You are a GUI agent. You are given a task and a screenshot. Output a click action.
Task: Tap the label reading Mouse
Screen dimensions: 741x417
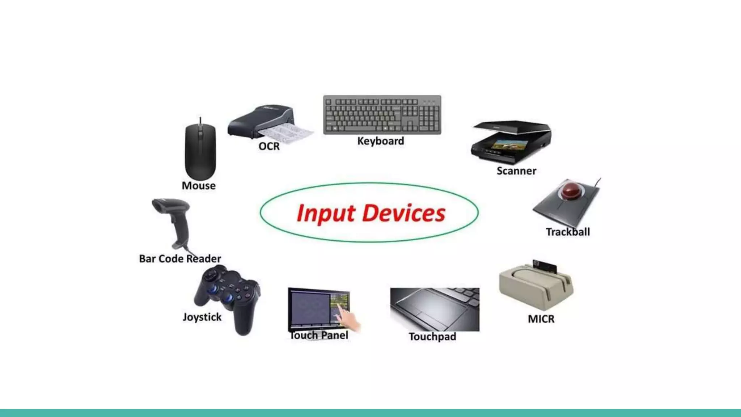click(x=199, y=186)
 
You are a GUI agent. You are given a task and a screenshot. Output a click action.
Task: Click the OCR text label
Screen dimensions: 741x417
click(x=269, y=146)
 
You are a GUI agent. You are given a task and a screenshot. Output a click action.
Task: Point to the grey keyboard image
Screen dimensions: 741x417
click(x=382, y=115)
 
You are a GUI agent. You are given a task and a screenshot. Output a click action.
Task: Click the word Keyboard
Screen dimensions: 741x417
click(x=381, y=141)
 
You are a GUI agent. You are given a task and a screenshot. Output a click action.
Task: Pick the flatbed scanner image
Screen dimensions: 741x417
click(x=511, y=142)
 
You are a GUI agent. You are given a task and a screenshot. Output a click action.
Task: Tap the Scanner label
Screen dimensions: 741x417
click(x=516, y=171)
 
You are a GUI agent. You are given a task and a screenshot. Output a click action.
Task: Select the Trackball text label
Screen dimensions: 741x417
click(x=568, y=232)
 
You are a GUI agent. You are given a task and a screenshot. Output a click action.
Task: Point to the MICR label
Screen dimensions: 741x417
click(x=541, y=319)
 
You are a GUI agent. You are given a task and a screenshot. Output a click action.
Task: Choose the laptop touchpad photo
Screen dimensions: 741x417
click(x=435, y=309)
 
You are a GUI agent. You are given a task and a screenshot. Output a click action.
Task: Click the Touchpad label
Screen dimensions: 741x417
click(x=432, y=337)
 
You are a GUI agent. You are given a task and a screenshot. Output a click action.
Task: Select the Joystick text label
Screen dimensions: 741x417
click(x=202, y=317)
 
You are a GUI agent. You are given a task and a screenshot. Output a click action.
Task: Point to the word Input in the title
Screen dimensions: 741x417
click(x=326, y=213)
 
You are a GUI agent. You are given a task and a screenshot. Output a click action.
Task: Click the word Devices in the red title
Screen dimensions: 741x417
click(x=403, y=213)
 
